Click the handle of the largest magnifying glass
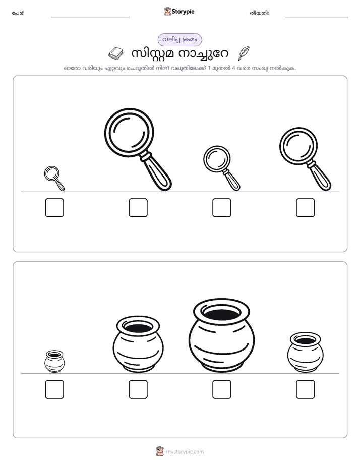click(x=157, y=172)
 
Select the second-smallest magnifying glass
click(x=221, y=168)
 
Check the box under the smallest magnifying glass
click(x=54, y=207)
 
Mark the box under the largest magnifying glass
click(x=138, y=207)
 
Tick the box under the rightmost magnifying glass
click(x=306, y=207)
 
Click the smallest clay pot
click(x=54, y=362)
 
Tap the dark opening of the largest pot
click(x=221, y=313)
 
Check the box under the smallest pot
click(x=54, y=389)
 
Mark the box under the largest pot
click(x=222, y=389)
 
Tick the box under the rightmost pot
click(x=306, y=389)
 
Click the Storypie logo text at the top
click(x=183, y=12)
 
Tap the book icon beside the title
click(x=116, y=53)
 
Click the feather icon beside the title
click(x=244, y=53)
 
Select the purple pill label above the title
click(x=179, y=40)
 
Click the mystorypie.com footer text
click(x=185, y=452)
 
